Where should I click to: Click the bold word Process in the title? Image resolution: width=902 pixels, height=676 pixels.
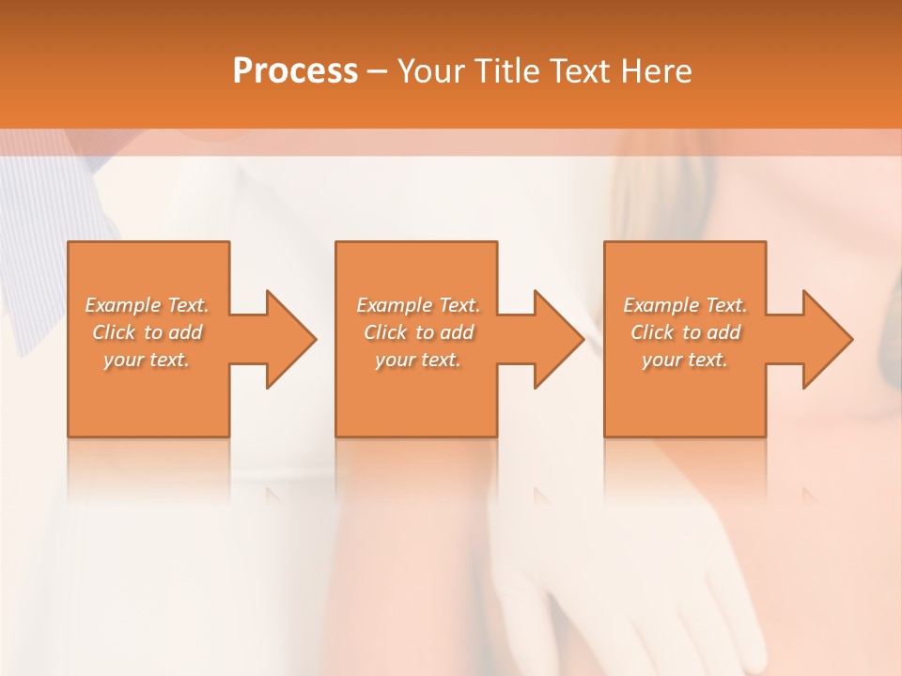[x=295, y=70]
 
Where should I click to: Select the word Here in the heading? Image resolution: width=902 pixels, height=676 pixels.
[x=657, y=70]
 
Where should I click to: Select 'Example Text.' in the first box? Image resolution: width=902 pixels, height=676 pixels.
[x=147, y=305]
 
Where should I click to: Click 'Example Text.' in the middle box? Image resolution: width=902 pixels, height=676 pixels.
[x=418, y=305]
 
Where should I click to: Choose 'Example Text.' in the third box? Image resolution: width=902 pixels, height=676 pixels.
[x=685, y=305]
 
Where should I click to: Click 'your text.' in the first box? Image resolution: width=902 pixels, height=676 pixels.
[x=147, y=360]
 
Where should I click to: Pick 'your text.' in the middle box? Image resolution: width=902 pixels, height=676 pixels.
[x=418, y=360]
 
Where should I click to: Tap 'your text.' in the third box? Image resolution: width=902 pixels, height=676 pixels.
[x=685, y=360]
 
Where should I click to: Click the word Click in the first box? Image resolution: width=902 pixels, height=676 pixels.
[x=113, y=332]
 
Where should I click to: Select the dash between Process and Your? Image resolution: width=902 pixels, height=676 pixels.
[x=378, y=71]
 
